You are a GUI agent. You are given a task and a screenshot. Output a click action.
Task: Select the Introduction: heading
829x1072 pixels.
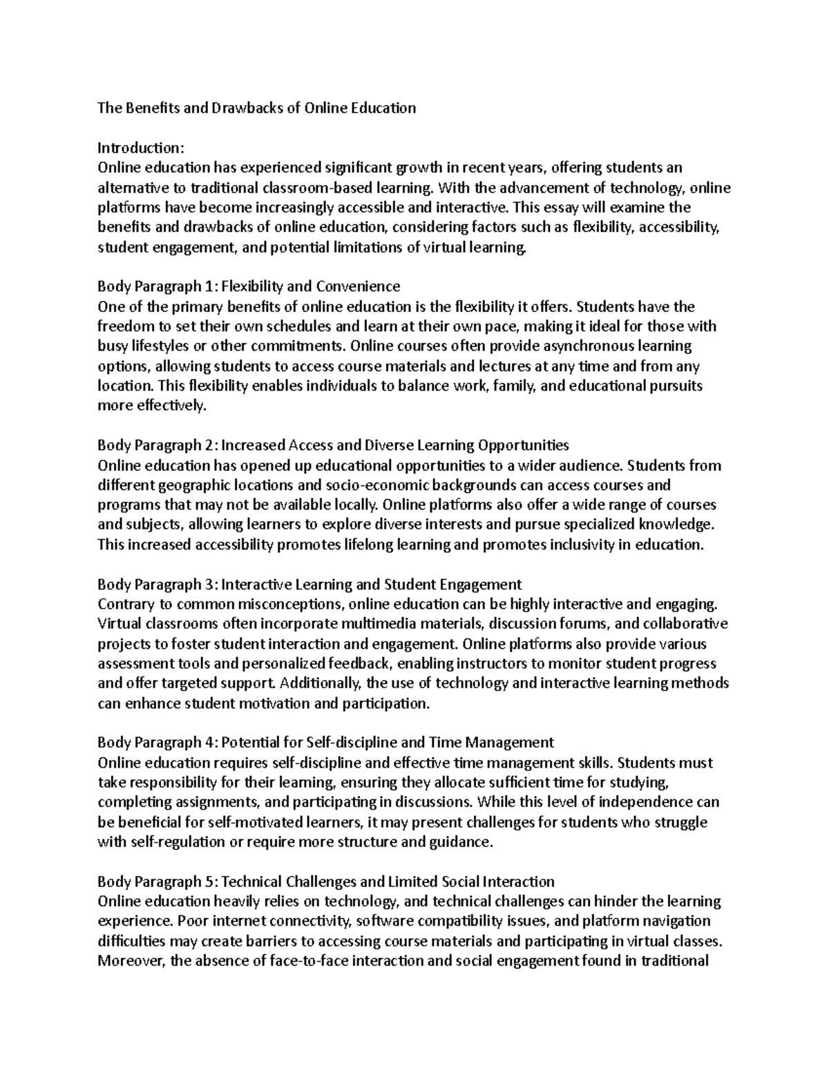[141, 148]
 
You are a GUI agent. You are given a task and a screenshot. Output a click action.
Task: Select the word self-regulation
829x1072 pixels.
[173, 842]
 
